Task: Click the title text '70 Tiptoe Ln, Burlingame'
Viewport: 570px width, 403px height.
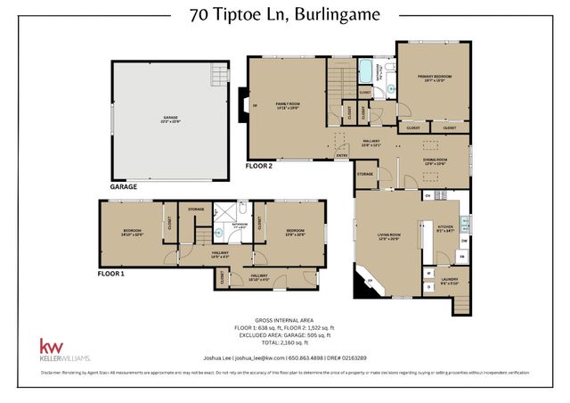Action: click(x=285, y=15)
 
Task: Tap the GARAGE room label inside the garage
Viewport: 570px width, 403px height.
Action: click(x=170, y=119)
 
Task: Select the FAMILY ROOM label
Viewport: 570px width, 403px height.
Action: click(x=287, y=106)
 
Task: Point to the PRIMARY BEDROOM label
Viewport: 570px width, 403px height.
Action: click(x=434, y=78)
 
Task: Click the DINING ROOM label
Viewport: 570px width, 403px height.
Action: click(x=436, y=161)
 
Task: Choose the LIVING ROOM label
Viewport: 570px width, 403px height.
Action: click(x=388, y=237)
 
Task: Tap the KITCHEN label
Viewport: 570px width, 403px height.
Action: click(x=444, y=228)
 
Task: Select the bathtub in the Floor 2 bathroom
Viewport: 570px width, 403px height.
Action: click(x=366, y=71)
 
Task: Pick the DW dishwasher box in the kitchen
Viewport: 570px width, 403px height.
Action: click(x=464, y=241)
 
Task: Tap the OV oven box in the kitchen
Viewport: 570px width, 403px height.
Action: click(x=427, y=195)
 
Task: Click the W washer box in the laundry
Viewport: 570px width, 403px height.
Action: click(x=427, y=272)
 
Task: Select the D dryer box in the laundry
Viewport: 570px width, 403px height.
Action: click(x=427, y=287)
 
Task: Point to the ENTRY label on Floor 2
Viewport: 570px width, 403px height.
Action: click(x=341, y=156)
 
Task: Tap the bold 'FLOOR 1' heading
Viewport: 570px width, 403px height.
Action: click(x=112, y=275)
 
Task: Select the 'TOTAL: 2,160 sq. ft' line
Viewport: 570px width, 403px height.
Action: click(x=285, y=342)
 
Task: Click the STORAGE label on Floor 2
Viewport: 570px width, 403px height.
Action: click(x=364, y=174)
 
